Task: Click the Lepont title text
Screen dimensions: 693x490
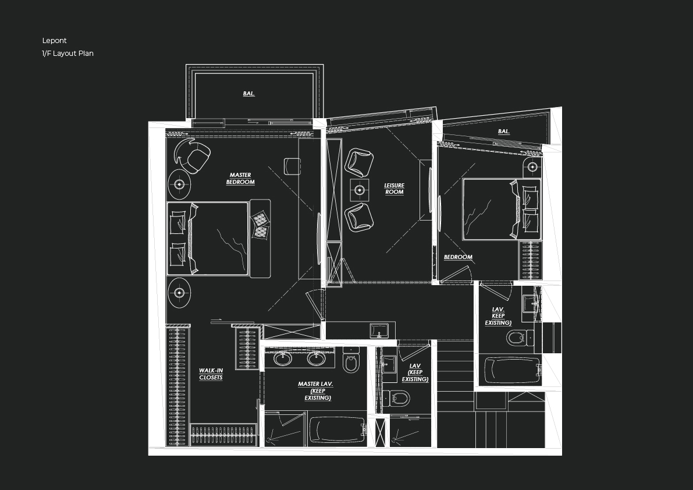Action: [54, 41]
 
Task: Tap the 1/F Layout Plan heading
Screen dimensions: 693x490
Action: [67, 54]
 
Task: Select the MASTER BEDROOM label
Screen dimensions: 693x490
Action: [240, 179]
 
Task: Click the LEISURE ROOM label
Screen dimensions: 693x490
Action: [395, 189]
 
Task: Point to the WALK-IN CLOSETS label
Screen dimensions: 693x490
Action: [211, 374]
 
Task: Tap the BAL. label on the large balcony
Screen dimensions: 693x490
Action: [249, 94]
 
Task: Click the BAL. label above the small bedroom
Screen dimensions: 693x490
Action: [504, 132]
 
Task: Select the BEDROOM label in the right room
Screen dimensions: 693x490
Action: [458, 257]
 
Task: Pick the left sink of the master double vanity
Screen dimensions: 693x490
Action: [283, 358]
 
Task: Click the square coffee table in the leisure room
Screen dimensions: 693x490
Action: [360, 190]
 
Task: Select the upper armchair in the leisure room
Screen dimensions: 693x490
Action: [359, 162]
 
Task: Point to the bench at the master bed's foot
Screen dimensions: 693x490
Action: [260, 239]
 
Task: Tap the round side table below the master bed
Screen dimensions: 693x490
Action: [179, 293]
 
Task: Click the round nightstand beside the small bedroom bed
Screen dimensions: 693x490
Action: [532, 167]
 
